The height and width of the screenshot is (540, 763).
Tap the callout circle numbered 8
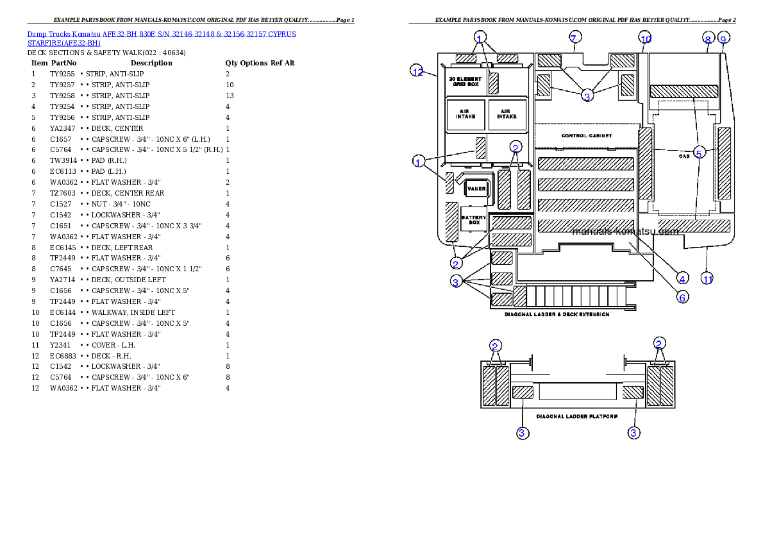tap(708, 39)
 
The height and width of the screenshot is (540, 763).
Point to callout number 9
tap(723, 39)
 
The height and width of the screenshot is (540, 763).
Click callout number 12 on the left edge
tap(417, 72)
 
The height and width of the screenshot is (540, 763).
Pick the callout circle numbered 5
tap(700, 152)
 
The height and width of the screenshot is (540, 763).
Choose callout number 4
tap(683, 278)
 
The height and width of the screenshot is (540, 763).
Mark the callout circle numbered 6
tap(683, 298)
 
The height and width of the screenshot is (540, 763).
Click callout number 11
tap(707, 279)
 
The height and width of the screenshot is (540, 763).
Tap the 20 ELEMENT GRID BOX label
tap(465, 81)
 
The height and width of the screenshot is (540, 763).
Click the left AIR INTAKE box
tap(465, 114)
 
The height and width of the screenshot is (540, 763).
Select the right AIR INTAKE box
tap(507, 114)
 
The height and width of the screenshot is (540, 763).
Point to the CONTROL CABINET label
tap(587, 136)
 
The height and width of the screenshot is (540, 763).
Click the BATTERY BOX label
tap(474, 220)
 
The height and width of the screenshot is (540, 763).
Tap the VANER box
tap(476, 189)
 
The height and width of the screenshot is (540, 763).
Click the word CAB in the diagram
tap(683, 156)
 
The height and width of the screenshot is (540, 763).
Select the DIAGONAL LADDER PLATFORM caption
tap(577, 417)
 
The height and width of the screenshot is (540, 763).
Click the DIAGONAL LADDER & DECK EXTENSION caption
tap(557, 315)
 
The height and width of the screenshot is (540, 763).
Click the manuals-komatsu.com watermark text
tap(625, 232)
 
